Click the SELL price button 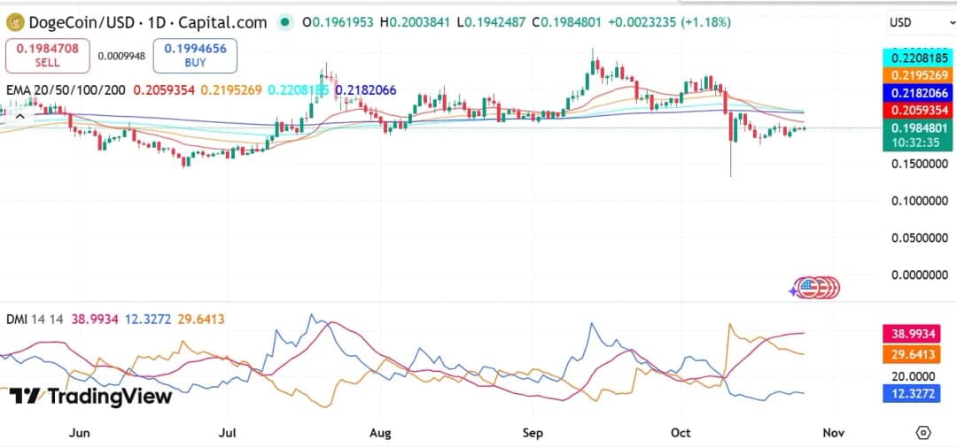[48, 56]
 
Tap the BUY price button [194, 56]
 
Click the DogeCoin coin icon [14, 22]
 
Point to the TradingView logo [90, 396]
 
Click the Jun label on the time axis [80, 433]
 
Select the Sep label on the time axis [533, 433]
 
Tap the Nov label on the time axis [832, 433]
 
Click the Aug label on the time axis [380, 433]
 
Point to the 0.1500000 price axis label [915, 164]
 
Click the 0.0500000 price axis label [915, 237]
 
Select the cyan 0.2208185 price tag [917, 57]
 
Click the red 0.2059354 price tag [917, 110]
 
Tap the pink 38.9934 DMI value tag [912, 335]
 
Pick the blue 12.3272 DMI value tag [912, 393]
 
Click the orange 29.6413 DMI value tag [912, 355]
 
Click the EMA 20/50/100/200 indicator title [66, 90]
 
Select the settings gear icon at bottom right [923, 433]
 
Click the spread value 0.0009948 [121, 56]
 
